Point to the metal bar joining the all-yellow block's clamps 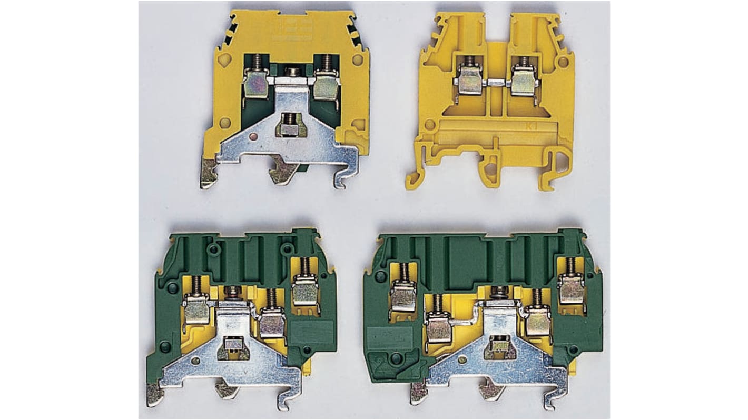pyautogui.click(x=496, y=82)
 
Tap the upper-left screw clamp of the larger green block pyautogui.click(x=403, y=296)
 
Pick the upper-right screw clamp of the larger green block pyautogui.click(x=572, y=289)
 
